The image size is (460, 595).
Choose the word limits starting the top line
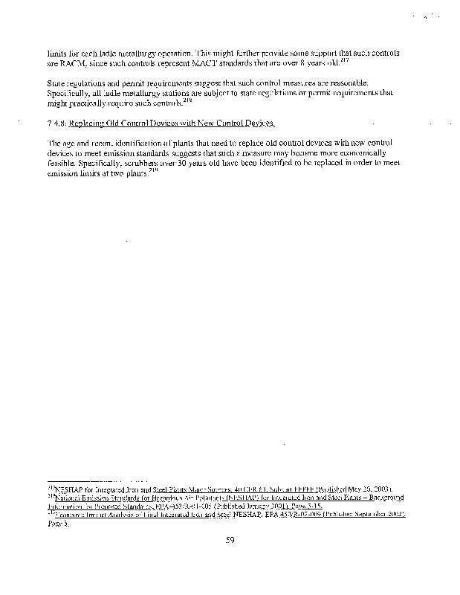[x=56, y=53]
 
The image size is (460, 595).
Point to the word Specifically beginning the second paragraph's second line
[x=68, y=92]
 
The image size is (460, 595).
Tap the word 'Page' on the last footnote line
[x=55, y=524]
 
